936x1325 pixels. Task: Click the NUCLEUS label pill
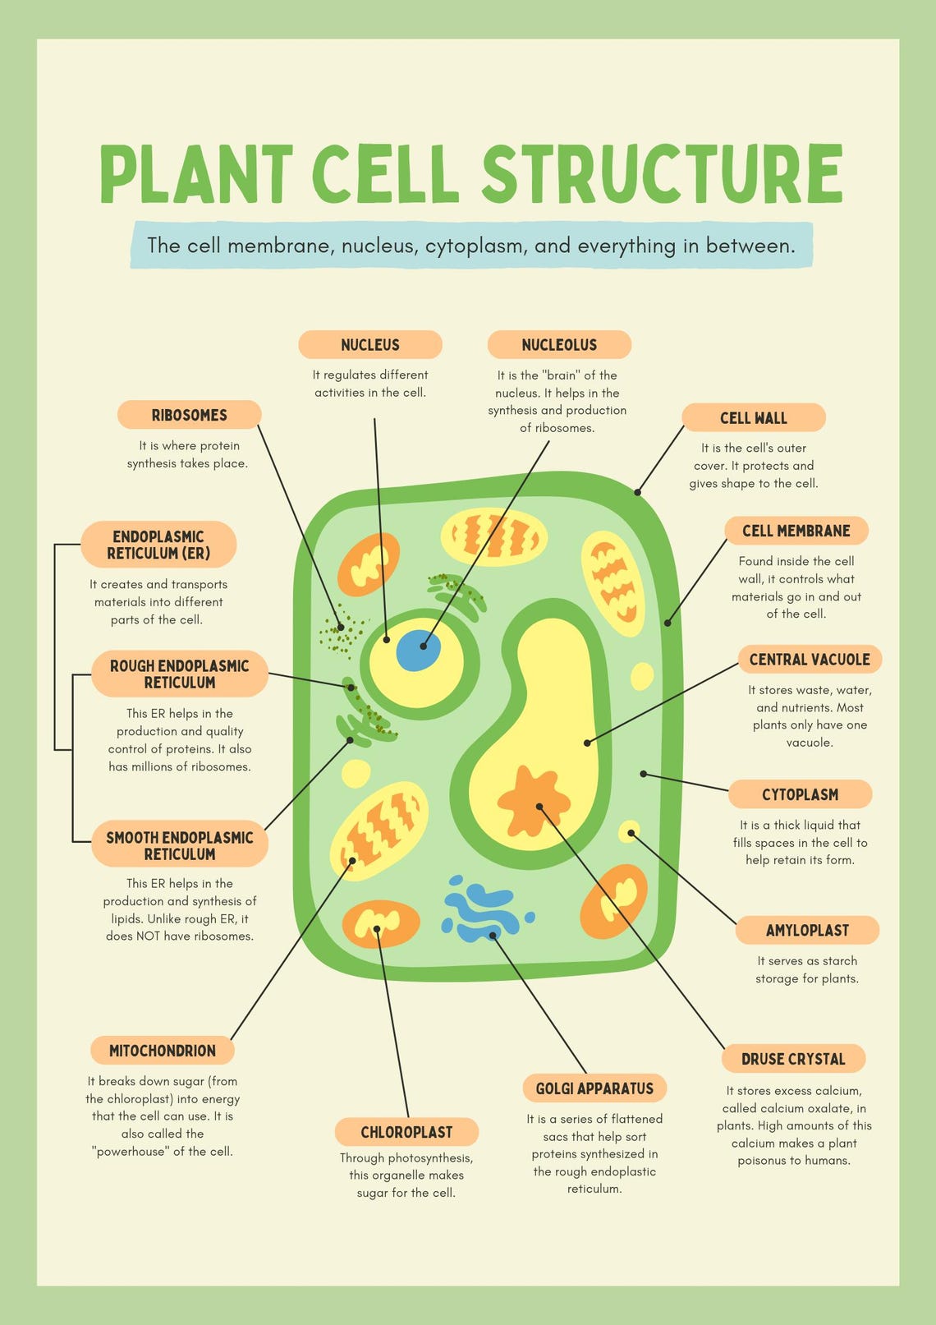click(x=370, y=345)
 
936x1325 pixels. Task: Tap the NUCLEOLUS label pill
click(x=559, y=345)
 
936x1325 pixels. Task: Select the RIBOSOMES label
click(x=189, y=415)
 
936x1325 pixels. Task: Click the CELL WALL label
click(x=753, y=418)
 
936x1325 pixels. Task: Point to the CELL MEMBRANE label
click(x=796, y=531)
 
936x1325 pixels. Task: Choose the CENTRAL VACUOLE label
click(x=810, y=660)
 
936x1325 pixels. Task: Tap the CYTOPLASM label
click(x=800, y=794)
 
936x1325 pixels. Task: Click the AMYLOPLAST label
click(x=807, y=931)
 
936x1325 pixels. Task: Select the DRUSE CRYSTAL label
click(x=793, y=1059)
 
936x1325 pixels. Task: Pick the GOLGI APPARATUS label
click(x=594, y=1088)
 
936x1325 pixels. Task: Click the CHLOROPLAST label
click(x=406, y=1132)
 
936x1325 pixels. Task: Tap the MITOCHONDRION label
click(x=163, y=1051)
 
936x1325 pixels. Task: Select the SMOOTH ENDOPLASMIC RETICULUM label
click(x=180, y=845)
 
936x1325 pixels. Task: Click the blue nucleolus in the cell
click(x=419, y=651)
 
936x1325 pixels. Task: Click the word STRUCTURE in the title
click(x=662, y=173)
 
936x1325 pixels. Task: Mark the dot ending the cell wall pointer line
click(x=638, y=492)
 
